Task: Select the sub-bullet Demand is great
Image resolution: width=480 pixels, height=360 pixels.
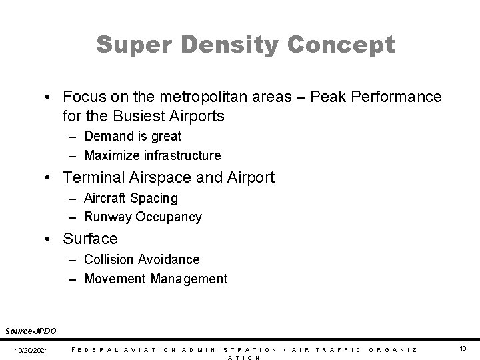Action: pos(133,136)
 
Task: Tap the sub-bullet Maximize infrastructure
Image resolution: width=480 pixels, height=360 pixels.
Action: pos(152,155)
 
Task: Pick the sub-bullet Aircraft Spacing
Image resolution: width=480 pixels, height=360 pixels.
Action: pos(131,198)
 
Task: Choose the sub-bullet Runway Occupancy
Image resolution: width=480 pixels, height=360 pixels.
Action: pos(143,217)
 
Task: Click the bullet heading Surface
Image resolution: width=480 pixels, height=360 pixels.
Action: pos(90,238)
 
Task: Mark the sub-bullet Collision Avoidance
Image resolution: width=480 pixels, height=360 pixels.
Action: pos(141,259)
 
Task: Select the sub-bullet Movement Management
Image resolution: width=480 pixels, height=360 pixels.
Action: pos(155,278)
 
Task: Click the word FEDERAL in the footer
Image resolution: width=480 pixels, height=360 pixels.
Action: pos(91,349)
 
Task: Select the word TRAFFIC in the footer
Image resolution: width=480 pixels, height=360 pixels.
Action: pos(338,349)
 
